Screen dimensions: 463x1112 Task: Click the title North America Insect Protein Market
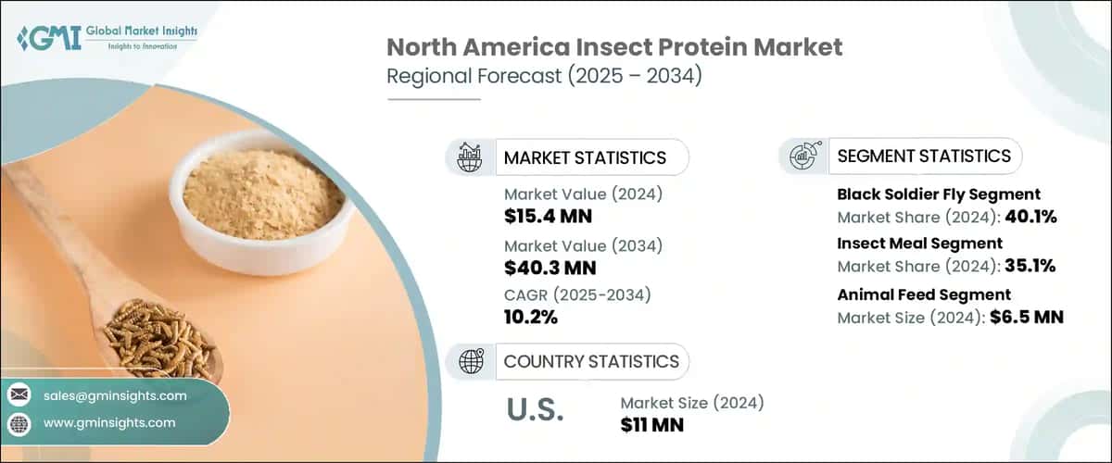point(614,47)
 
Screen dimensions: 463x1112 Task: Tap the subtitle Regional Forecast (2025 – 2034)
point(544,77)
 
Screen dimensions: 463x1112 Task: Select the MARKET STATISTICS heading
point(584,157)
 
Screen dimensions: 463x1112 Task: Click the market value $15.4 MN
point(548,218)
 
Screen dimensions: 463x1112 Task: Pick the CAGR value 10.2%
point(531,318)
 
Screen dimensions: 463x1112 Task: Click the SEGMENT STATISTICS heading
point(923,156)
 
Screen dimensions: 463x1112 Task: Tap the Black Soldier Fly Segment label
point(938,194)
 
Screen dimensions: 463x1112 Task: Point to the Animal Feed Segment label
point(923,294)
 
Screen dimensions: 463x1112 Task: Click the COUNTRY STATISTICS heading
point(590,361)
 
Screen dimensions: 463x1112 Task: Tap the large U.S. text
point(537,411)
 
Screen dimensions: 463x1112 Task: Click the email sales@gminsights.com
point(115,395)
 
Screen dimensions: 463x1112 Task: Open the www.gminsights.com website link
point(109,423)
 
